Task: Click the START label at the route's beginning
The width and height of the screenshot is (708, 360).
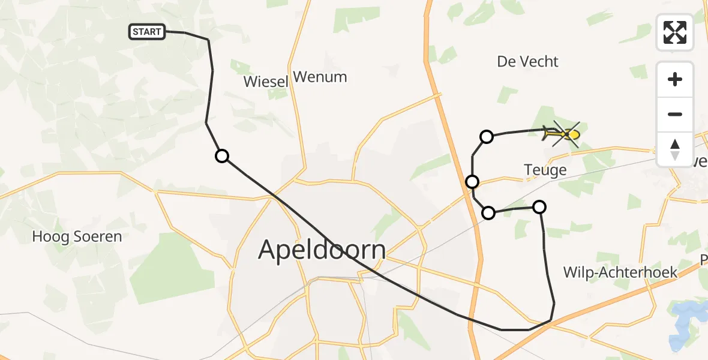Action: [x=147, y=32]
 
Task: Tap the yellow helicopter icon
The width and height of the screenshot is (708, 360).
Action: [x=562, y=134]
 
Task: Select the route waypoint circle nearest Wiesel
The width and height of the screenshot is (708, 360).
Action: [x=222, y=156]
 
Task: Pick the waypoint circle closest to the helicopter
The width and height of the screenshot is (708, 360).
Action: [x=487, y=137]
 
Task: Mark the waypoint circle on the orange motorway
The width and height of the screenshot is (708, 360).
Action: [x=472, y=181]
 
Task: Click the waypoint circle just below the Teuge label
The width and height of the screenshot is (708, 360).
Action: [x=539, y=207]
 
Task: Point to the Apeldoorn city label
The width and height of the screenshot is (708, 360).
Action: [x=322, y=249]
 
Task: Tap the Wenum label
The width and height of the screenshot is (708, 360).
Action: [x=320, y=77]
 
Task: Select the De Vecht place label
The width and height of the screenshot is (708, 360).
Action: [x=528, y=62]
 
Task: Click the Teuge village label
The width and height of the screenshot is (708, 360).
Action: [x=545, y=170]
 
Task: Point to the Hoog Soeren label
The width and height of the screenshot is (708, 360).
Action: [x=77, y=236]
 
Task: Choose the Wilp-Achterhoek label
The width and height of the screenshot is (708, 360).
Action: [x=620, y=272]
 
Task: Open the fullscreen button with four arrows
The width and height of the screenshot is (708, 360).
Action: [x=675, y=32]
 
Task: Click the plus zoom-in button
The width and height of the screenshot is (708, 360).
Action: [x=675, y=79]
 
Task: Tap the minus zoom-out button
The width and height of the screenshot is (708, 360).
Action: [x=675, y=114]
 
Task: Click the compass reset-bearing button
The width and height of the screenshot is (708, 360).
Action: [x=675, y=149]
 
